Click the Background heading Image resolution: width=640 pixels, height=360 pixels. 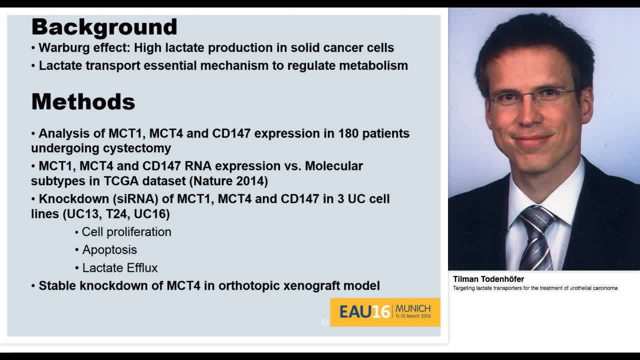104,27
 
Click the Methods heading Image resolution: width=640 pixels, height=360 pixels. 83,102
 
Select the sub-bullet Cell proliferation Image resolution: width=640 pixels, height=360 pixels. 126,232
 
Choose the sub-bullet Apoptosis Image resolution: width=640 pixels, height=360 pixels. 109,249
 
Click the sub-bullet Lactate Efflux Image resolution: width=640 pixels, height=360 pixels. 120,267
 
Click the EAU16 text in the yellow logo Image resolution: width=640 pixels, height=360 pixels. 364,312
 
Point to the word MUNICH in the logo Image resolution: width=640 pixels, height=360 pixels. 412,308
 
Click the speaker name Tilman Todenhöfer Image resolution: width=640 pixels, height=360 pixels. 488,279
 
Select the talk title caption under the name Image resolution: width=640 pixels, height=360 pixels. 535,288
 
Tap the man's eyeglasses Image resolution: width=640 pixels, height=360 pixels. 533,96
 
